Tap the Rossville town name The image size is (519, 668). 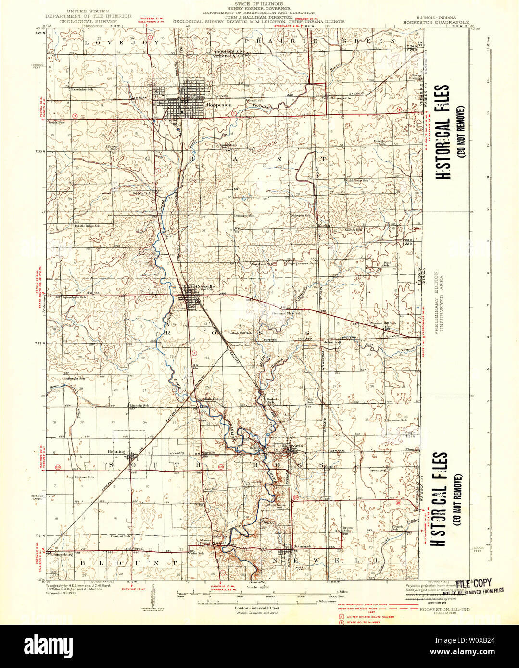[x=204, y=287]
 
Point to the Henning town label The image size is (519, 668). [x=117, y=452]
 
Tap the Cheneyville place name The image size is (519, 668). [x=340, y=98]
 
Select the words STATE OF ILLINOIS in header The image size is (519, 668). [x=259, y=4]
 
